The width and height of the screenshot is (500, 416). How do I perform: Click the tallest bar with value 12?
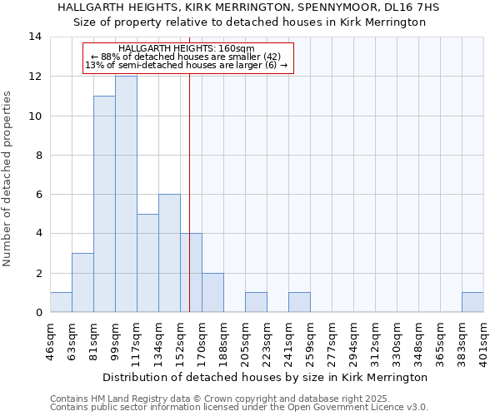(126, 194)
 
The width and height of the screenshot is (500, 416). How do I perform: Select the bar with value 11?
(104, 204)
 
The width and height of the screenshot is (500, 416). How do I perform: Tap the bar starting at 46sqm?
(61, 302)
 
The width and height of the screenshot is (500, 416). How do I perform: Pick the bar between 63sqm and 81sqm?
(82, 283)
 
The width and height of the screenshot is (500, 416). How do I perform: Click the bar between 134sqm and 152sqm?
(169, 253)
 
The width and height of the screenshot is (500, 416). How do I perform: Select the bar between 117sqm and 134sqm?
(147, 263)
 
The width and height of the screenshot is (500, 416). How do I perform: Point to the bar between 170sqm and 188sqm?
(212, 292)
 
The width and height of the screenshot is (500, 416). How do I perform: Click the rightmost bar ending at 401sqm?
(472, 302)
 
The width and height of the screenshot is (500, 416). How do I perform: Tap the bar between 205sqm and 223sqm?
(256, 302)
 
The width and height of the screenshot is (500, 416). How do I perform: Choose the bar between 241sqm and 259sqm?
(299, 302)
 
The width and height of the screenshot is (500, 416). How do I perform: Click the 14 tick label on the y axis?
(34, 37)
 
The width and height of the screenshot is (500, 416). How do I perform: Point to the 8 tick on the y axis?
(37, 155)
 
